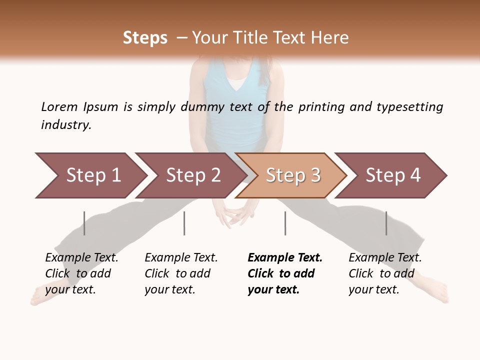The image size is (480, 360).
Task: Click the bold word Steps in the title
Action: [x=145, y=38]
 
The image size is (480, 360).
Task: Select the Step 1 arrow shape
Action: [x=90, y=175]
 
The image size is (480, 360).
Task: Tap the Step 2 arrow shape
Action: [x=190, y=175]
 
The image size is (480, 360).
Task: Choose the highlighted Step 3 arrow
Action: [x=291, y=175]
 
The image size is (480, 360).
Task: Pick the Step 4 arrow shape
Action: [x=391, y=175]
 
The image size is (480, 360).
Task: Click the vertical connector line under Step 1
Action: [x=84, y=223]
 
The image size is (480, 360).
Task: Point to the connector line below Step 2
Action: [x=184, y=223]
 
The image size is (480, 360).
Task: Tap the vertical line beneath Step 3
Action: [x=285, y=223]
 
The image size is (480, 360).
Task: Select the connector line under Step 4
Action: [x=386, y=223]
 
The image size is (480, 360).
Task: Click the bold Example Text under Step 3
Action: [x=285, y=258]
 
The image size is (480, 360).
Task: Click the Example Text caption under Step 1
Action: [x=81, y=258]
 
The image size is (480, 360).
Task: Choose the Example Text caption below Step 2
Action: [x=181, y=258]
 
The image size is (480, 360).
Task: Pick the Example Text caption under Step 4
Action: [x=385, y=258]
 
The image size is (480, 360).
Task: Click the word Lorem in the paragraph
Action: [x=59, y=107]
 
